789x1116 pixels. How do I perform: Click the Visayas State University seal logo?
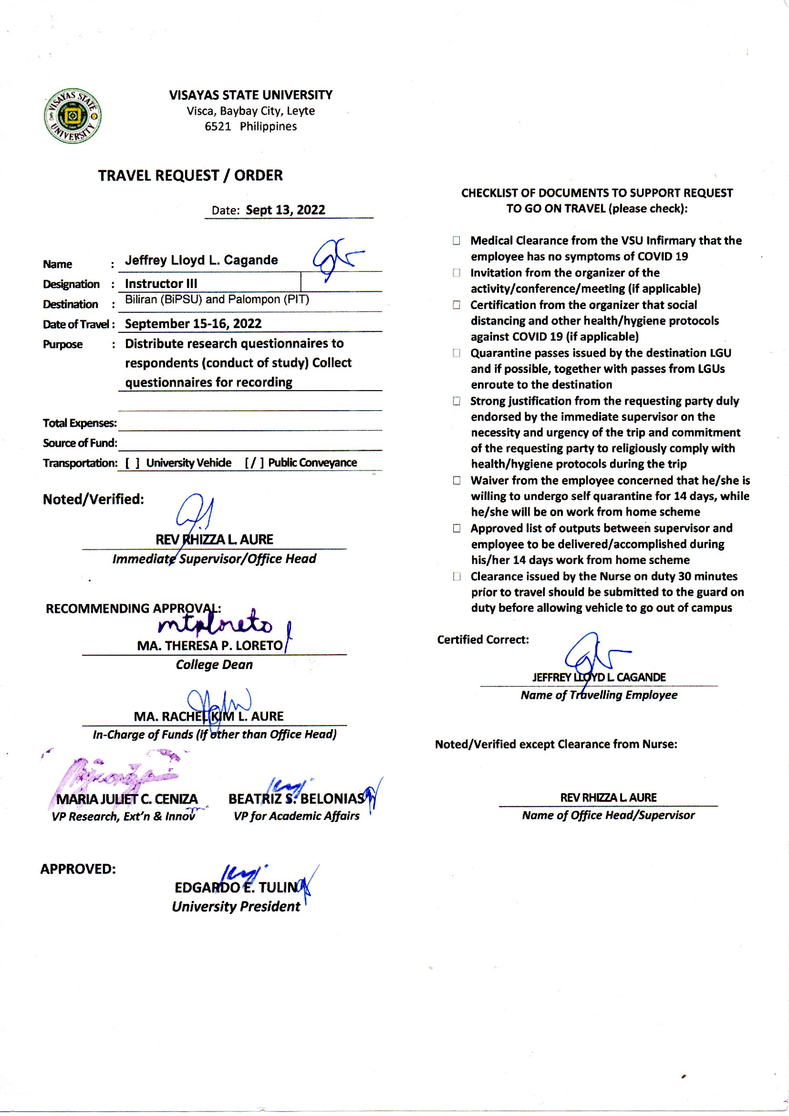[73, 116]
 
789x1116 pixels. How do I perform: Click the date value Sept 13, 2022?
[285, 210]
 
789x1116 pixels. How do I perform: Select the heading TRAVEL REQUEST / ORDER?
[190, 175]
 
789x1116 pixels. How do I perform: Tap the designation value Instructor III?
[161, 284]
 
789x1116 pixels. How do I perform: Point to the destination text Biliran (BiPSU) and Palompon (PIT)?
[217, 299]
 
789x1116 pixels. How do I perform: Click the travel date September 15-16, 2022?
[193, 323]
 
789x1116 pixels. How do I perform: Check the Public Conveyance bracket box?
[254, 462]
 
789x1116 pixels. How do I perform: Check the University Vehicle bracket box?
[132, 463]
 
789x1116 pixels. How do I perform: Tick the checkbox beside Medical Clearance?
[456, 241]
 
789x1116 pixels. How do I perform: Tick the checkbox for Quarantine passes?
[456, 353]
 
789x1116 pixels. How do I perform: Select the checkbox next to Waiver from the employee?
[456, 480]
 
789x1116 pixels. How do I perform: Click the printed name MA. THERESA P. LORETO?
[209, 646]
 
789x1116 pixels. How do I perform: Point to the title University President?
[236, 906]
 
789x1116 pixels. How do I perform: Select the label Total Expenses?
[79, 423]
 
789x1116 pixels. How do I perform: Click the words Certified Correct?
[482, 639]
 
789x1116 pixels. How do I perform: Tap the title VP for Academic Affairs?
[296, 816]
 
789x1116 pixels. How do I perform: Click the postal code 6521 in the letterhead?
[217, 127]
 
